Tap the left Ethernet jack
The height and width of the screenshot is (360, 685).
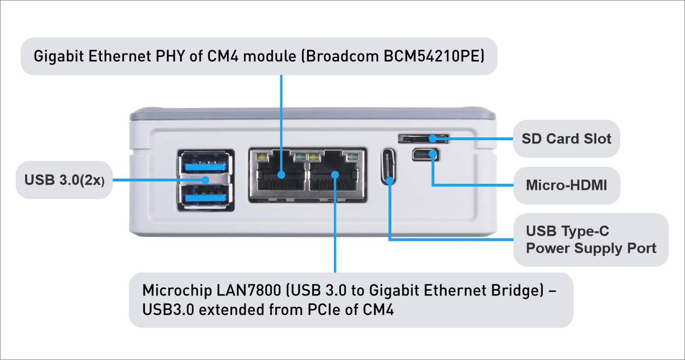(278, 175)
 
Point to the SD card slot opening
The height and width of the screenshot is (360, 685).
(422, 138)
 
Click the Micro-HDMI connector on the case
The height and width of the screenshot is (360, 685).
(425, 155)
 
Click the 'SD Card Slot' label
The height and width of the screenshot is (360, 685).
(566, 139)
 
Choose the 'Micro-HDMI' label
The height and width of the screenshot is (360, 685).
(566, 185)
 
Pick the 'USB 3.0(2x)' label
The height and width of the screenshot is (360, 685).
(64, 180)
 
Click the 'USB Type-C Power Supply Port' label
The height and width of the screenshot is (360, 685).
(591, 240)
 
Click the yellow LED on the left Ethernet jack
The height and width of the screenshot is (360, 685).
(260, 156)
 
